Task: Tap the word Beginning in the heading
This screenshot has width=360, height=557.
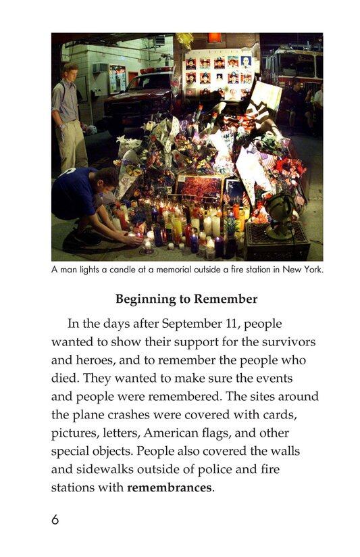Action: click(145, 299)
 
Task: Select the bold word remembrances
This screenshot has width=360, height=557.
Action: click(169, 487)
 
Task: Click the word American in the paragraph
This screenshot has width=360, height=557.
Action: click(203, 432)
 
